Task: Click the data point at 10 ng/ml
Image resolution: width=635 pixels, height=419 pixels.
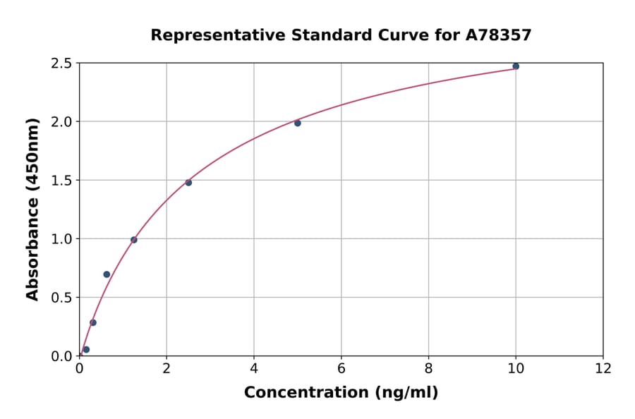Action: (x=516, y=66)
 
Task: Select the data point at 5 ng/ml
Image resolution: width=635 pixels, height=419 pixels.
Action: (x=298, y=123)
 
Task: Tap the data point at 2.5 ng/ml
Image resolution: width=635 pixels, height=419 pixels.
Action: (x=188, y=183)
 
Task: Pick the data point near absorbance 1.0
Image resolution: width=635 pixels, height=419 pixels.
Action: (x=134, y=240)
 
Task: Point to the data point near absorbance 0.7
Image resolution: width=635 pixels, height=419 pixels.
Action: (x=107, y=274)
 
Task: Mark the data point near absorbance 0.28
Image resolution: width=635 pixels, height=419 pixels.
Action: (x=93, y=322)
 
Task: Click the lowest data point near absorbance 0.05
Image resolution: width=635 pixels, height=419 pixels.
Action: (x=86, y=349)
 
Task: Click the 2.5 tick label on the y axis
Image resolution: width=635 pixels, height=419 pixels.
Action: (x=61, y=63)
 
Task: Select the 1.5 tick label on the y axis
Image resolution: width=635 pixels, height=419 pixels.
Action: (x=61, y=181)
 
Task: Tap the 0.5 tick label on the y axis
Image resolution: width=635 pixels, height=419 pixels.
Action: (x=61, y=298)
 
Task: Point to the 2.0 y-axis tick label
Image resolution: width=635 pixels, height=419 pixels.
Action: (x=61, y=122)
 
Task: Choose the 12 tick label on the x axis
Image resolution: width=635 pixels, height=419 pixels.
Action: (x=603, y=369)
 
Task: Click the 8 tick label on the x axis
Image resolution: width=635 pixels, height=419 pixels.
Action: (x=428, y=369)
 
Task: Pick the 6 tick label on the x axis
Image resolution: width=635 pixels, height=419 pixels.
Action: (x=341, y=369)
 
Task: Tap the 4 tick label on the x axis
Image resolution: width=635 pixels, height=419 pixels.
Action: (x=254, y=369)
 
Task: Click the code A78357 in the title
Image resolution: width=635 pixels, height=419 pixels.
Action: (x=498, y=35)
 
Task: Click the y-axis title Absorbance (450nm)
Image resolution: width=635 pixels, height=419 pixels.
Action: (x=32, y=209)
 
